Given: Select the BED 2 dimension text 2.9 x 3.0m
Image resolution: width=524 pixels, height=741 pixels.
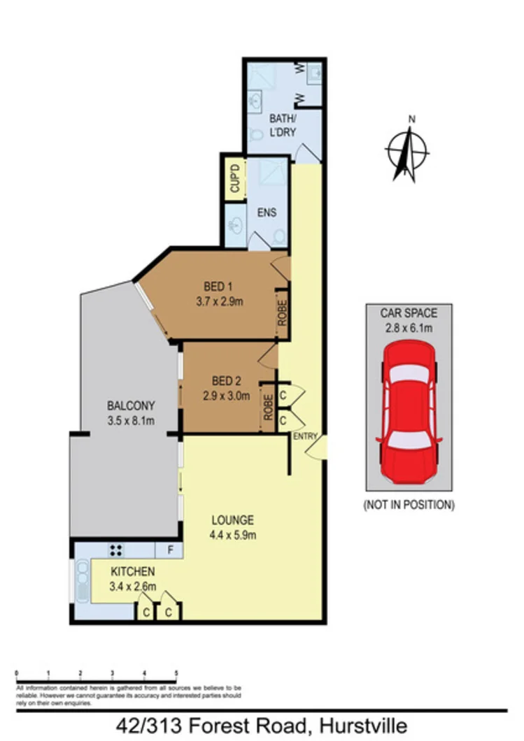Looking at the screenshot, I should click(225, 395).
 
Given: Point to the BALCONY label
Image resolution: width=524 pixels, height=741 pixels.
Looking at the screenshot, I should click(131, 405).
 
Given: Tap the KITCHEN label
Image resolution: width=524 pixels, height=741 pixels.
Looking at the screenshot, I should click(132, 572).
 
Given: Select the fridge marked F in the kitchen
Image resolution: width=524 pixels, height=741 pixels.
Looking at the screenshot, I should click(169, 550).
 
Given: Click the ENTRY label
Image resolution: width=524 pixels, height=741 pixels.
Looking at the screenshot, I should click(305, 437).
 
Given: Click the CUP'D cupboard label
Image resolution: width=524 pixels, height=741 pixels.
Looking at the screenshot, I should click(235, 180).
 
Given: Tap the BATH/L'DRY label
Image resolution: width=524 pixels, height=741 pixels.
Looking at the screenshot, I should click(283, 124).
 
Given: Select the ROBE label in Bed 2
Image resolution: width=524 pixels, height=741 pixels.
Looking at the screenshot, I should click(268, 407).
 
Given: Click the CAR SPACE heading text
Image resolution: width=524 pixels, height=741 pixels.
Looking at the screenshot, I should click(408, 312).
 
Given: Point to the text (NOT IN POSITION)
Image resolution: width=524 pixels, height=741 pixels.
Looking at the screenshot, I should click(408, 504).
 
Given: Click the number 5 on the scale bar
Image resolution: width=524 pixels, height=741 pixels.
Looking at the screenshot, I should click(176, 672).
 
